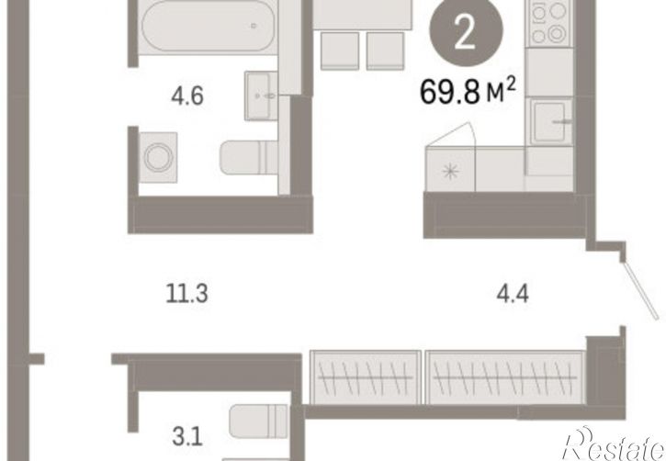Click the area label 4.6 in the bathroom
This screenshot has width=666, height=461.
point(187,96)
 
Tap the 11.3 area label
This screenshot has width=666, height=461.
point(186,294)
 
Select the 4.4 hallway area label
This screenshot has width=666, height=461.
point(513,294)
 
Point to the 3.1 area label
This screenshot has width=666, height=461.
point(187,437)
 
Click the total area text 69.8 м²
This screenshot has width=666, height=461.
point(468,92)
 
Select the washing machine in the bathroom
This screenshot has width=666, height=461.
point(158,157)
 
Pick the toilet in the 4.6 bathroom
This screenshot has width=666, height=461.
point(249,157)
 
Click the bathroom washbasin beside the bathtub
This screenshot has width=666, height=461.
point(260,96)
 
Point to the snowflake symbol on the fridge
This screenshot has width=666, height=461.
point(450,172)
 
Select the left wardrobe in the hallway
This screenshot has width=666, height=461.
point(366,377)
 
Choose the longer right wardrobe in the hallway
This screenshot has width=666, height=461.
point(505,377)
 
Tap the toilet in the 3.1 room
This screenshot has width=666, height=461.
point(258,422)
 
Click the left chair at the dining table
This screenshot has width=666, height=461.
point(340,51)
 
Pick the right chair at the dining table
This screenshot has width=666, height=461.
point(385,51)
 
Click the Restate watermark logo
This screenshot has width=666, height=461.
point(614,444)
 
